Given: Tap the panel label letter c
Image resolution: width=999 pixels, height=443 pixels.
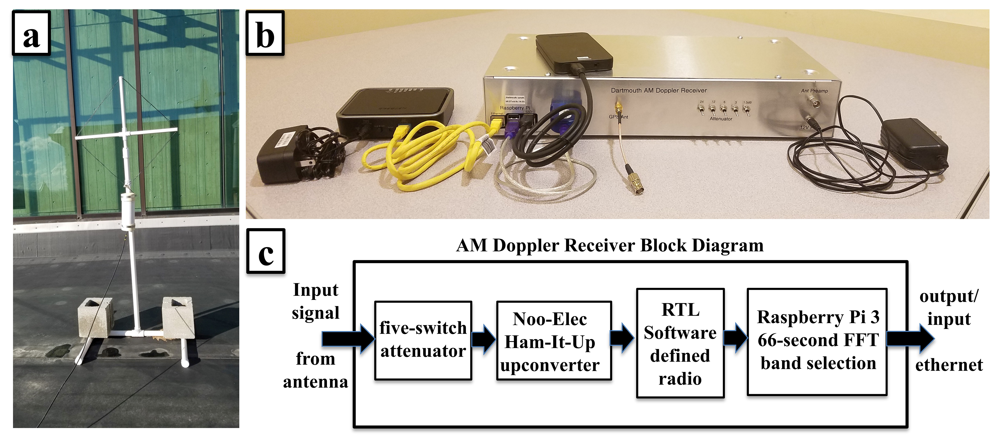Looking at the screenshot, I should [266, 252].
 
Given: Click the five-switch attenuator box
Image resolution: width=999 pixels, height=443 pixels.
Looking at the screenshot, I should [423, 340].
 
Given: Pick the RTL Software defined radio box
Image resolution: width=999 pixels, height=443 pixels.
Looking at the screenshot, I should [680, 343].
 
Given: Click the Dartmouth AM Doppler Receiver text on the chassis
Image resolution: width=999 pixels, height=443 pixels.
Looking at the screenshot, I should [659, 90].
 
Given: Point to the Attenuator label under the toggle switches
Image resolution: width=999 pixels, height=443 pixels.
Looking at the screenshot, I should [721, 119].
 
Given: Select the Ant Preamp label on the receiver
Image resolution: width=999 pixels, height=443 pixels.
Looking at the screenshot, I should [814, 91].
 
